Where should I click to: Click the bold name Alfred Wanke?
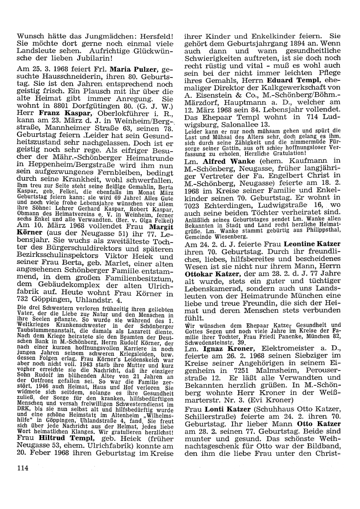point(229,161)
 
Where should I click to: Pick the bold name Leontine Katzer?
point(312,244)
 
